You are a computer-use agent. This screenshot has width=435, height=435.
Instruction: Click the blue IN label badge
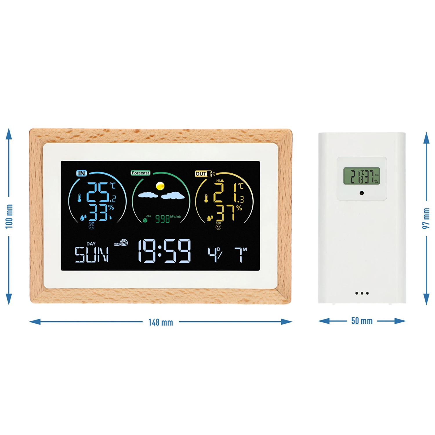(x=81, y=173)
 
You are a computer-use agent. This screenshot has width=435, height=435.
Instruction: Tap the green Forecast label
(x=140, y=173)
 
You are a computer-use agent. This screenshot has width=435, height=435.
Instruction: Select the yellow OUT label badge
(x=201, y=174)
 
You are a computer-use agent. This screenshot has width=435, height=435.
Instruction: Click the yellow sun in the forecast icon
(x=160, y=186)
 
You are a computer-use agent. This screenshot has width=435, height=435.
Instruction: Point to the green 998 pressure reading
(x=162, y=219)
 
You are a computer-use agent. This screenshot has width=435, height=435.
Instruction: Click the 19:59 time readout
(x=164, y=251)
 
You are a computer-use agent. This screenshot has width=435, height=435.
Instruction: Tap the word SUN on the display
(x=92, y=255)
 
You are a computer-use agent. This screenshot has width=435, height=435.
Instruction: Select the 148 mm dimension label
(x=161, y=322)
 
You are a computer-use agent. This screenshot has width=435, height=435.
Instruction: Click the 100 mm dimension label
(x=9, y=216)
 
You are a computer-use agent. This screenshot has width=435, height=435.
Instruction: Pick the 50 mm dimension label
(x=362, y=321)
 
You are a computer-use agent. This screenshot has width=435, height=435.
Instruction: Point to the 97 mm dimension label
(x=426, y=218)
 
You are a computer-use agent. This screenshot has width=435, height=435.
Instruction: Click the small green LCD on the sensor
(x=362, y=176)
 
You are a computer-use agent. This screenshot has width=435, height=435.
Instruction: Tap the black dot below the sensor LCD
(x=362, y=193)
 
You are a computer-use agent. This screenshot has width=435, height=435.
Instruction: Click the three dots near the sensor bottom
(x=362, y=293)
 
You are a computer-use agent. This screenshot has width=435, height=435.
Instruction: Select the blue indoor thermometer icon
(x=79, y=198)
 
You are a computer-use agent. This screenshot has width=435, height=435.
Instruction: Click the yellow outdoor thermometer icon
(x=206, y=199)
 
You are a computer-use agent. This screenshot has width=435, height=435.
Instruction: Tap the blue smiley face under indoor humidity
(x=91, y=226)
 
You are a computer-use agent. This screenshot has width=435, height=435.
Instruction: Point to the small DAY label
(x=91, y=244)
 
